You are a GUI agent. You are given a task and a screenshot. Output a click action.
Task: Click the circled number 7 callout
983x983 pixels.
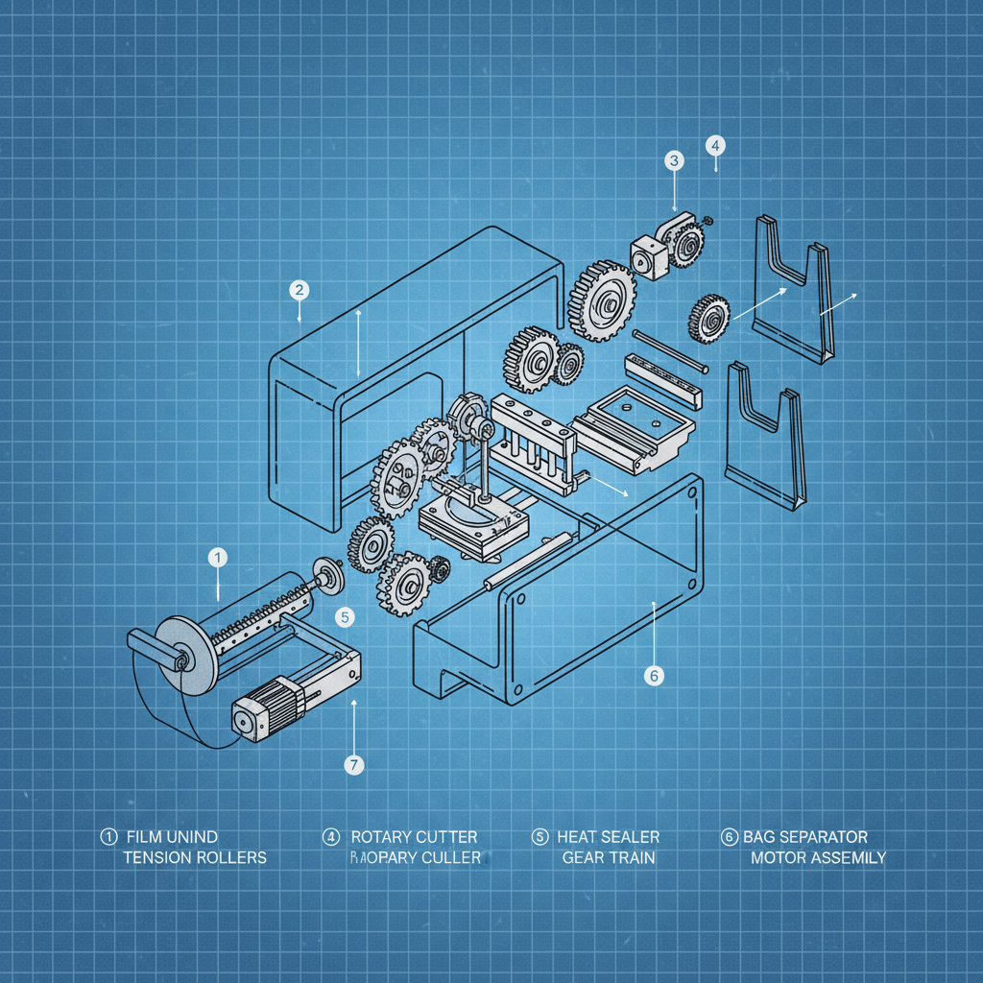pos(353,764)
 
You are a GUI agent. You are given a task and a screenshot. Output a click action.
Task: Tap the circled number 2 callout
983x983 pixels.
pos(299,289)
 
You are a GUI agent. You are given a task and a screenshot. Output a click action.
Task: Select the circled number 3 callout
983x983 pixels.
pos(674,160)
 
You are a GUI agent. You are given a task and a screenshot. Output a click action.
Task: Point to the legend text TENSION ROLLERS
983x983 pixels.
pos(195,856)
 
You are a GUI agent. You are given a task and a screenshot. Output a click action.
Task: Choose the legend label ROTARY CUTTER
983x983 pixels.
pos(414,837)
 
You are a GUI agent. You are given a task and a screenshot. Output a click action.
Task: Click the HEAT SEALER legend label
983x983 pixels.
pos(609,837)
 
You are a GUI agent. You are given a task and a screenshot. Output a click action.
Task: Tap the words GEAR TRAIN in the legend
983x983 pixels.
pos(609,856)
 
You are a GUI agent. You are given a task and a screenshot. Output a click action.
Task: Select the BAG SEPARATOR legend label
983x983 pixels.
pos(805,837)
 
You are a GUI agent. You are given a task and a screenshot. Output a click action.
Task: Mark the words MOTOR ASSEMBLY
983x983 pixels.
pos(818,856)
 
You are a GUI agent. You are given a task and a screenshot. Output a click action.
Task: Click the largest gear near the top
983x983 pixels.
pos(604,300)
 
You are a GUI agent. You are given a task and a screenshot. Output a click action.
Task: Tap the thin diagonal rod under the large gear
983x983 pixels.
pos(671,351)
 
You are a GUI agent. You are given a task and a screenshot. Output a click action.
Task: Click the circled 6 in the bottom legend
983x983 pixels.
pos(728,837)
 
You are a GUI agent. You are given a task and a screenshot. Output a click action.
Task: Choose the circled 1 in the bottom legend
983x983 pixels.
pos(107,837)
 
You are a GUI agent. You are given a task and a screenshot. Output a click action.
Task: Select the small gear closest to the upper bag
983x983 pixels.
pos(708,319)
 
